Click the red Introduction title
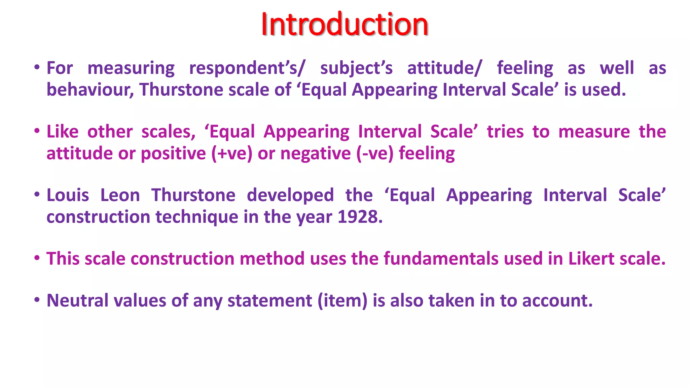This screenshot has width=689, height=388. point(344,24)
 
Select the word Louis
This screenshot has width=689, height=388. point(68,195)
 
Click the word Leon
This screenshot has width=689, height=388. point(120,195)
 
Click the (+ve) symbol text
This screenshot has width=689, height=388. point(232,154)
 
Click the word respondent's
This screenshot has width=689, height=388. point(247,68)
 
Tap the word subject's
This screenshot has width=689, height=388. point(356,68)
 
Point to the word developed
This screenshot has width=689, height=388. point(290,195)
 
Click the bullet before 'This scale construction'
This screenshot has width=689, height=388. point(37,258)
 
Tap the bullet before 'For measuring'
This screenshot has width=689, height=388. point(37,68)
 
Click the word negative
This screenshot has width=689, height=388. point(316,154)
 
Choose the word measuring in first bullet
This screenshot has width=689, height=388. point(131,68)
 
